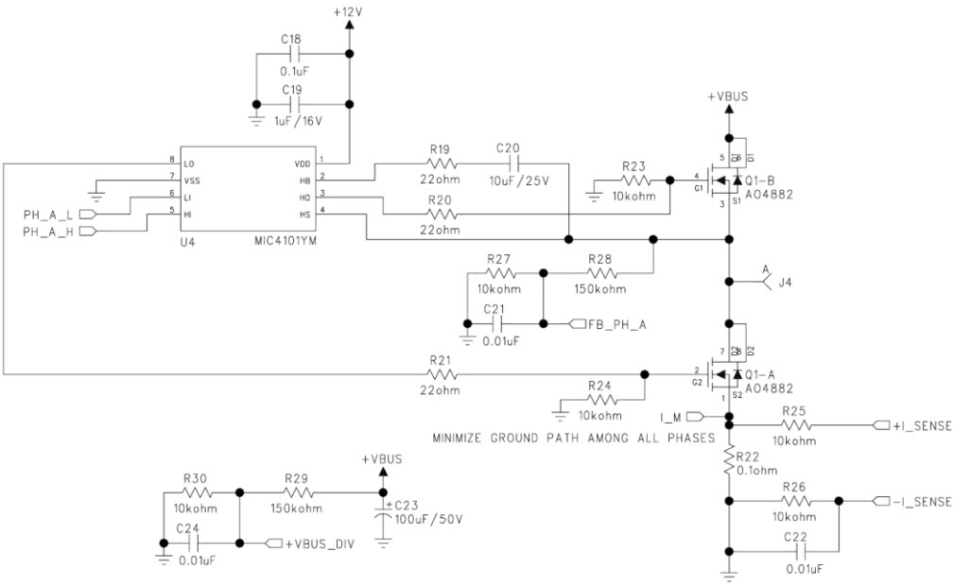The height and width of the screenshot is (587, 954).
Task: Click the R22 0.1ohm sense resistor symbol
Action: [729, 460]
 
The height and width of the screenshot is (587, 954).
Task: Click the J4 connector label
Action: [781, 281]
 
